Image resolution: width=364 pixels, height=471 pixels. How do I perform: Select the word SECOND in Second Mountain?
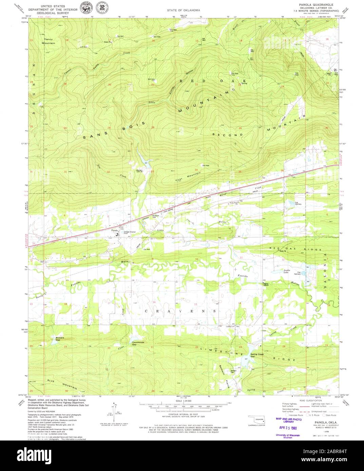click(x=228, y=135)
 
